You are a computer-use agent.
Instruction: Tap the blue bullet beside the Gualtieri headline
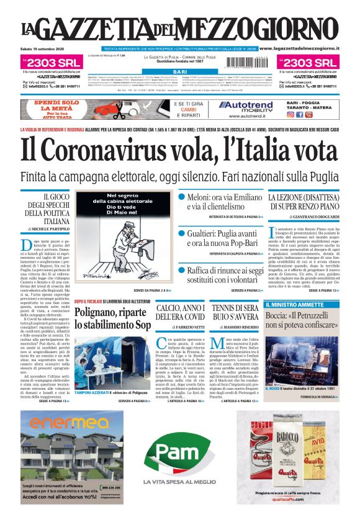point(182,234)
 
